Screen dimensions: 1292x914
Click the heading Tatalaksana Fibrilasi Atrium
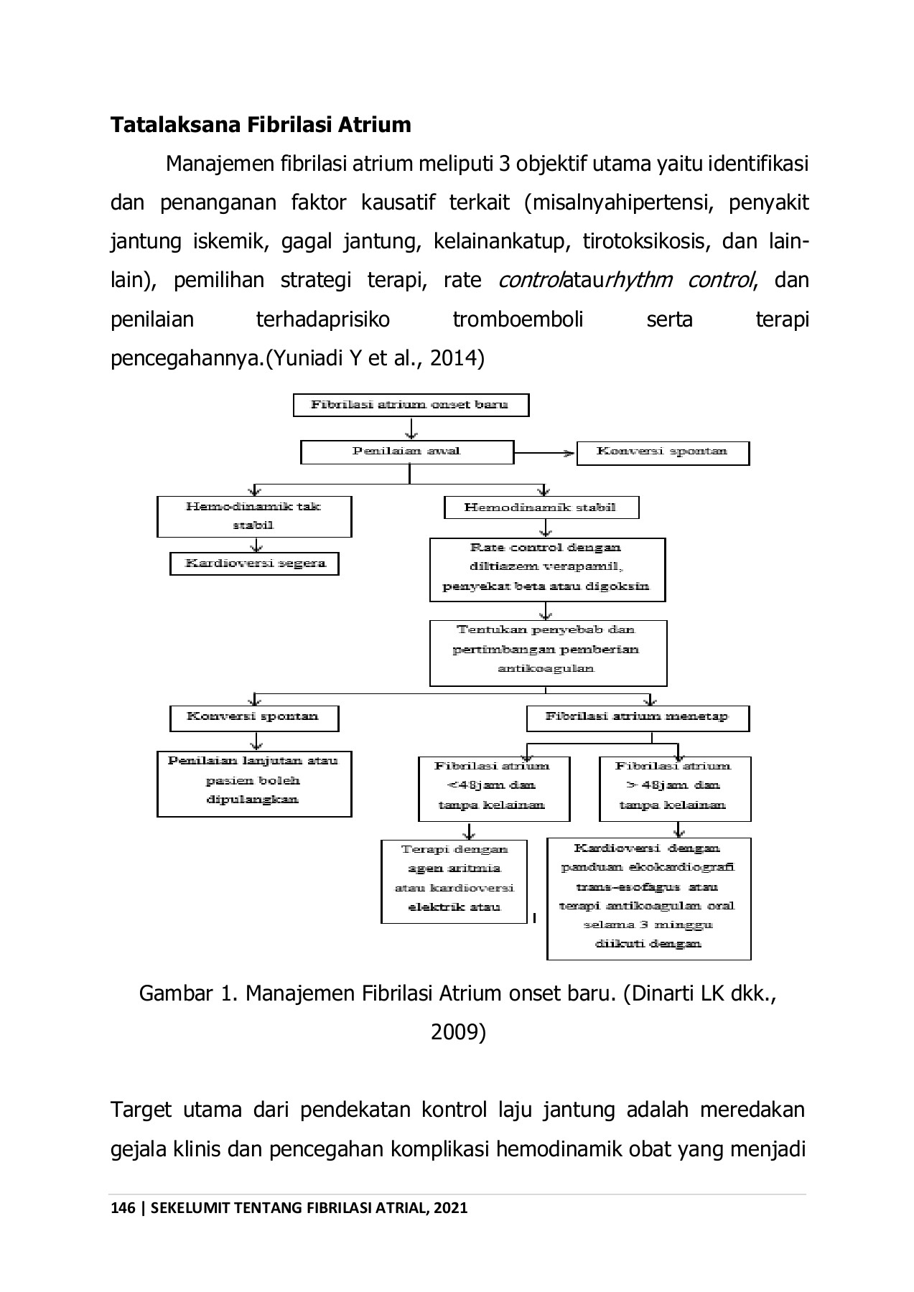(x=261, y=125)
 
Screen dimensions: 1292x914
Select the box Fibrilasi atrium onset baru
(x=411, y=405)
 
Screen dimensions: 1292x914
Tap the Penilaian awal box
(x=406, y=452)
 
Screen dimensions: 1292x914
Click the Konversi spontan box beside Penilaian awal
(x=662, y=453)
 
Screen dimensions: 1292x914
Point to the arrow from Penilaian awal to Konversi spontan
(x=546, y=453)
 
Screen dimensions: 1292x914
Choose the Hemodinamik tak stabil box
(x=254, y=516)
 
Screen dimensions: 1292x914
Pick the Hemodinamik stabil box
(x=541, y=507)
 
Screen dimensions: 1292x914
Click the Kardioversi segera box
(x=254, y=563)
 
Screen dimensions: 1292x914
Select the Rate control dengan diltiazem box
(x=546, y=568)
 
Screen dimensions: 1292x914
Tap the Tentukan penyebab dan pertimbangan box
(x=547, y=652)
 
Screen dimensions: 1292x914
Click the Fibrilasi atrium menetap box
(x=637, y=718)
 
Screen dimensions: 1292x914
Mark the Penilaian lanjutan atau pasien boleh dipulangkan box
(x=254, y=783)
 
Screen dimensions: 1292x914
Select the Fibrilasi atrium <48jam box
(x=493, y=788)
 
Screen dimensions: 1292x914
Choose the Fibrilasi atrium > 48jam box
(x=674, y=788)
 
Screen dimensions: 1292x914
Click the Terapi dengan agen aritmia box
(x=454, y=881)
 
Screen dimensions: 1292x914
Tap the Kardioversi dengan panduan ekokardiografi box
(x=648, y=898)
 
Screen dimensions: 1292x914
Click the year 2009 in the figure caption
(x=458, y=1032)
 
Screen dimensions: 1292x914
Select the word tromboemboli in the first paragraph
(x=518, y=319)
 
